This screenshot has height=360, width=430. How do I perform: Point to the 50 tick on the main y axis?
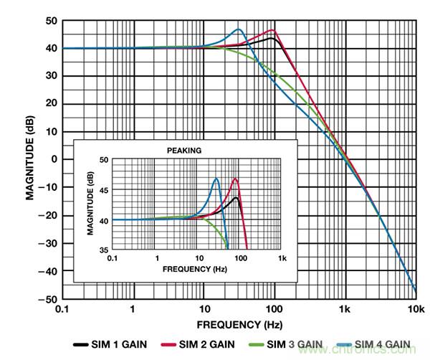[49, 21]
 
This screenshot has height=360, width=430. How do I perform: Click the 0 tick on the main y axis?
[52, 159]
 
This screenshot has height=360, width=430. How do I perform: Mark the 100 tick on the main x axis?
[273, 309]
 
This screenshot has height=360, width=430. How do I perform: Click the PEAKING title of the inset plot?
[185, 151]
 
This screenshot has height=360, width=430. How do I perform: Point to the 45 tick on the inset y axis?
[102, 190]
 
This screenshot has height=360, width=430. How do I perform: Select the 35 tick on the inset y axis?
[102, 250]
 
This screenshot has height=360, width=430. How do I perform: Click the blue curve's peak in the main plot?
[239, 29]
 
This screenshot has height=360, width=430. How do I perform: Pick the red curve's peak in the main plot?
[272, 30]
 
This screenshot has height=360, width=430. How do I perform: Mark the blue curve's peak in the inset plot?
[216, 179]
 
